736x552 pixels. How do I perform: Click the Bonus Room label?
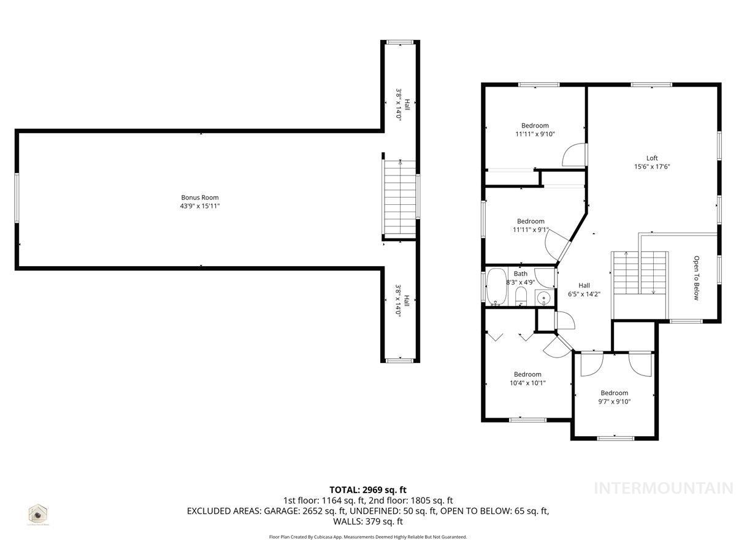click(200, 197)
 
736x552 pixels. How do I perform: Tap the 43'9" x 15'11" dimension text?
click(200, 206)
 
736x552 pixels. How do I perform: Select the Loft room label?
click(651, 158)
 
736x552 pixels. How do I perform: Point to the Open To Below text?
click(696, 278)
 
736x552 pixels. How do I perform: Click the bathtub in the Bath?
click(495, 286)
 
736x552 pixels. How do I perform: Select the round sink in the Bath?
click(543, 299)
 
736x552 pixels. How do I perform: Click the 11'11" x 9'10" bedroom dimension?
click(534, 134)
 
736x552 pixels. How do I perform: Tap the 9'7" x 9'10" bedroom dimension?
click(614, 402)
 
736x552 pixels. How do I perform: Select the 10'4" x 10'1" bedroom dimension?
click(527, 383)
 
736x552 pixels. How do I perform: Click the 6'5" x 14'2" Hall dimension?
click(584, 294)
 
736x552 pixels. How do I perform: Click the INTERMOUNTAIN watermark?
click(664, 488)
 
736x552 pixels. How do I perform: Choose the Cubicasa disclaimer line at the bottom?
click(368, 537)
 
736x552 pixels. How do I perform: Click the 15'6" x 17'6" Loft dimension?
click(651, 167)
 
